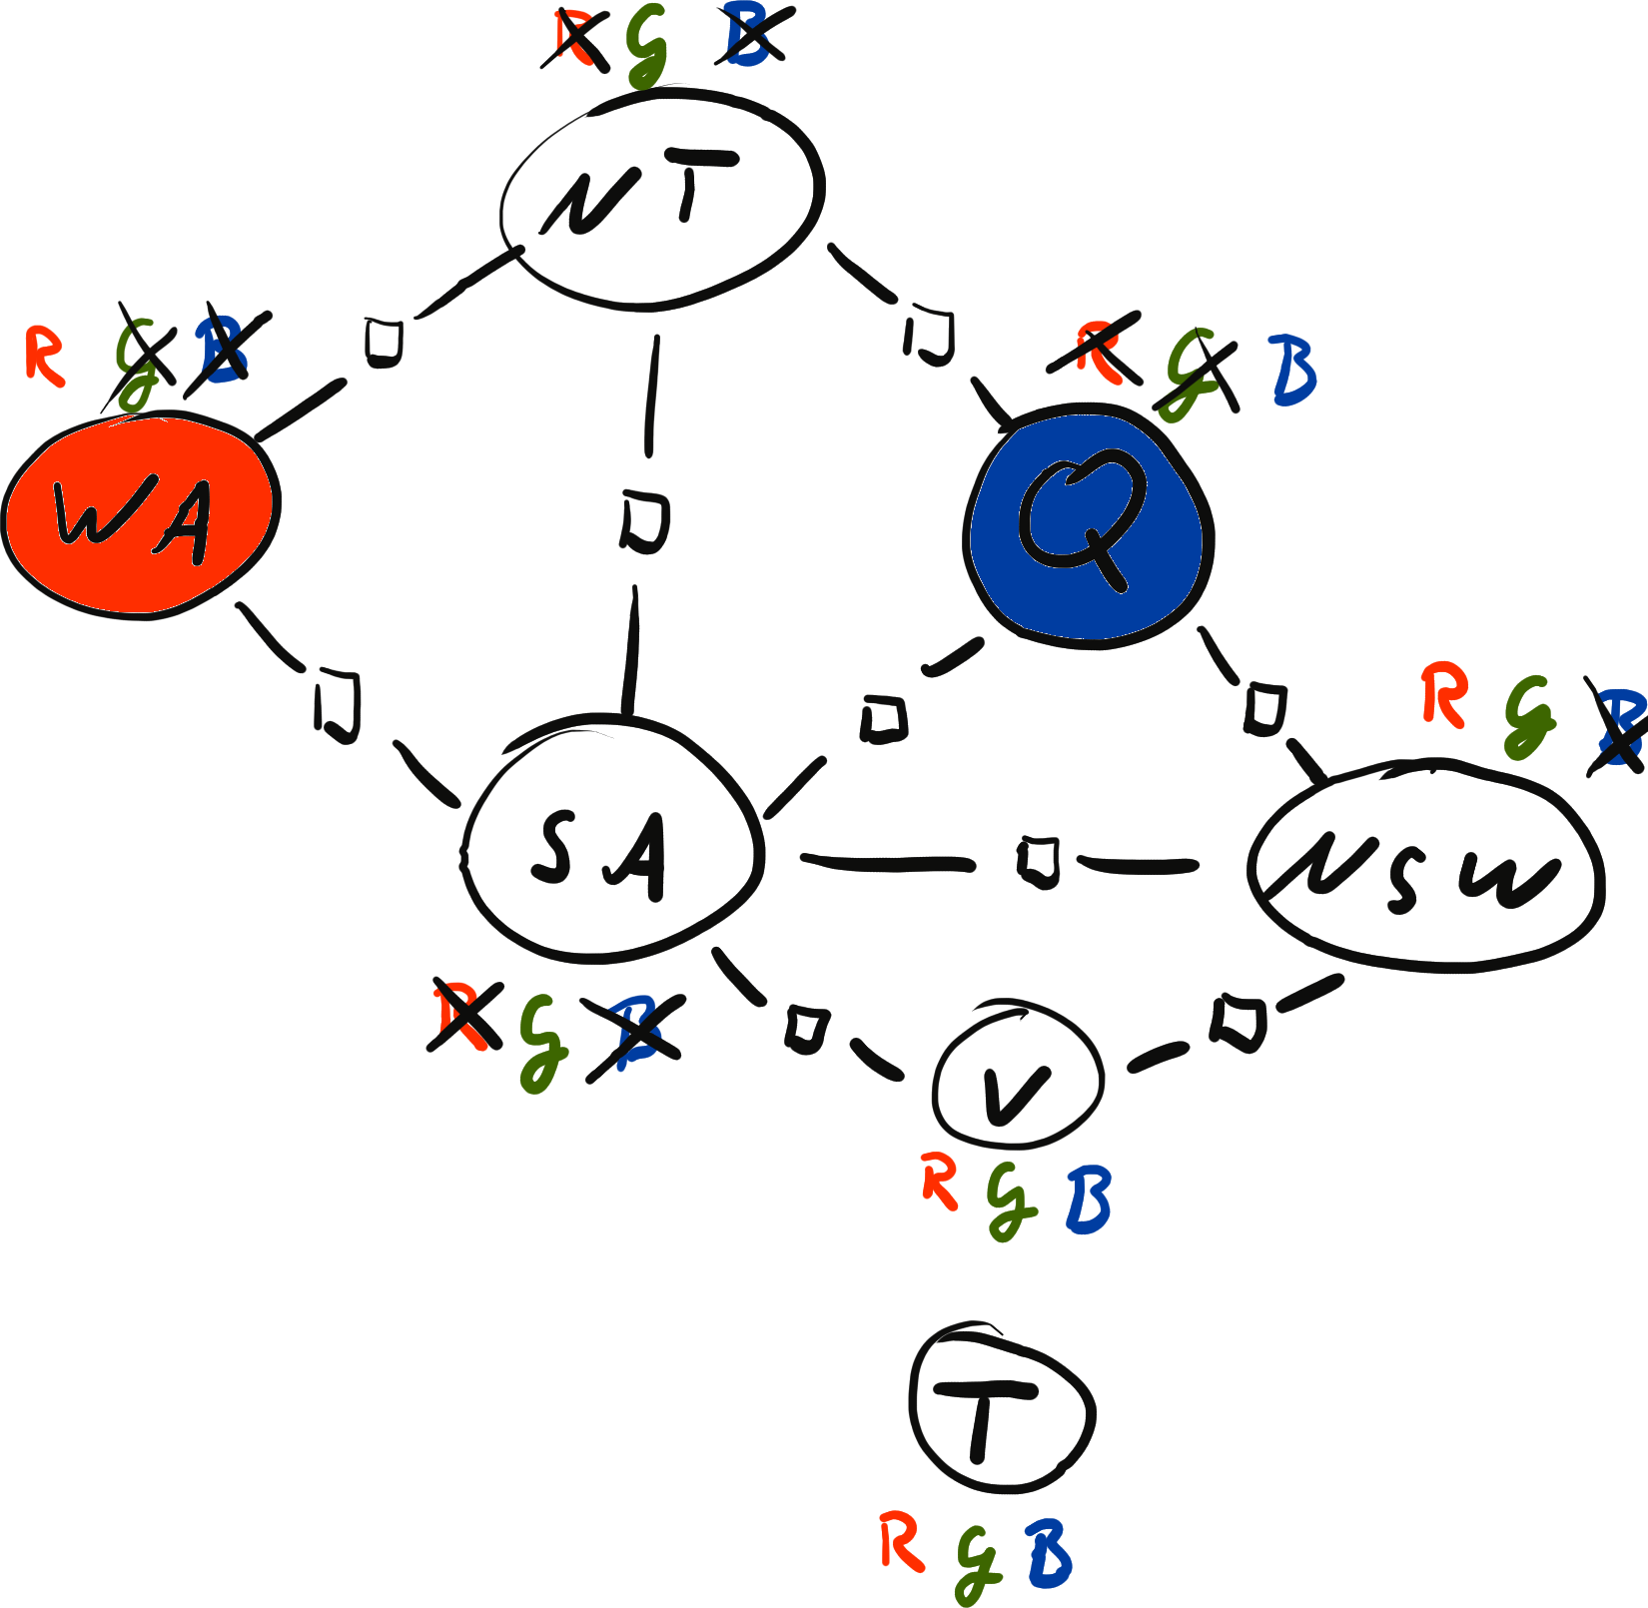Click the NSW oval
pos(1426,865)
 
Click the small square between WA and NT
pos(383,341)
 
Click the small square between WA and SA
pos(338,705)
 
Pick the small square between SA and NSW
pos(1039,862)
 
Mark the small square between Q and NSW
pos(1264,708)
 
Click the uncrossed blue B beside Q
pos(1294,370)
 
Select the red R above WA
pos(44,356)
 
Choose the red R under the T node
pos(901,1540)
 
